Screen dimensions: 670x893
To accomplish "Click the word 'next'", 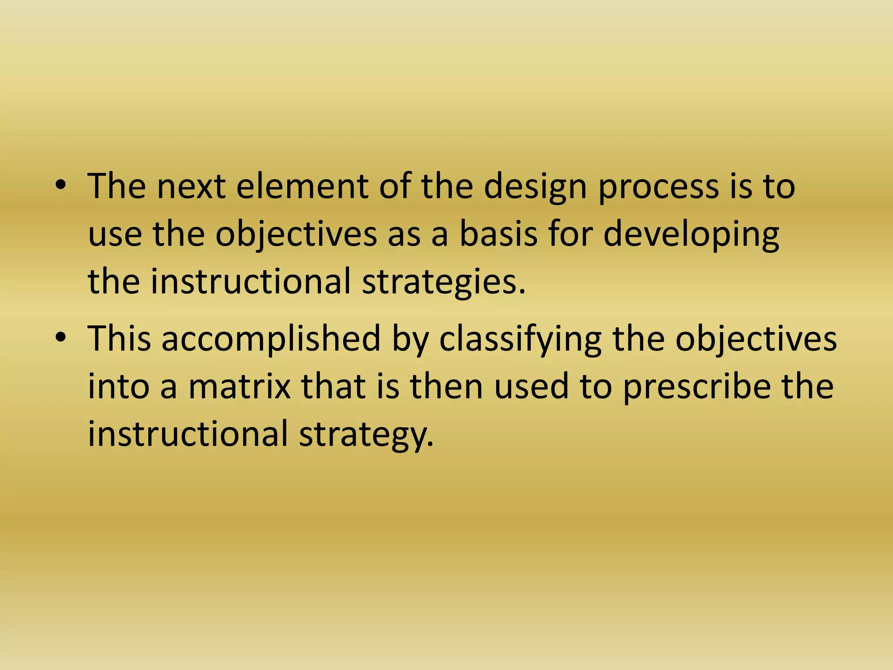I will [191, 187].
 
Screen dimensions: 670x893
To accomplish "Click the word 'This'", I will [119, 338].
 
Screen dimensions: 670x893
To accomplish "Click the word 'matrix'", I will [239, 386].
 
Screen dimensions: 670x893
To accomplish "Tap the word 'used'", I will [532, 386].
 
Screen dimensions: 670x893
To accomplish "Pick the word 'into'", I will [119, 386].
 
